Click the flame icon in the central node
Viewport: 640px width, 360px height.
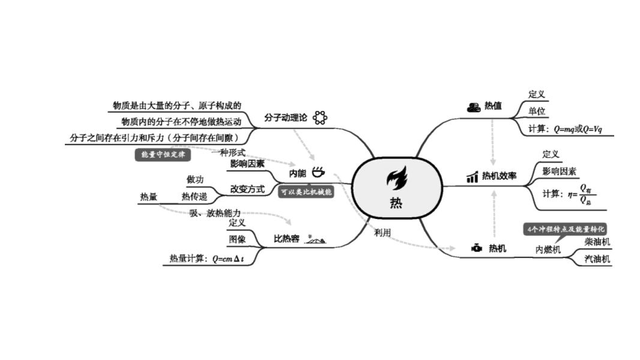coord(396,178)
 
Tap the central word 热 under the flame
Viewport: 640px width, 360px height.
coord(396,203)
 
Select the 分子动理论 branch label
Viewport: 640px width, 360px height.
coord(286,118)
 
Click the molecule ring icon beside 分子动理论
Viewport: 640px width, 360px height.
coord(319,118)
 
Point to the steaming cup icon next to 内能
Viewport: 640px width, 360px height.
coord(318,172)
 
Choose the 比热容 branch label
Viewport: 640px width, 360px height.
coord(286,239)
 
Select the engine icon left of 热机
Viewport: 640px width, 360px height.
coord(476,248)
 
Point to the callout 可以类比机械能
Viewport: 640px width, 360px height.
coord(306,193)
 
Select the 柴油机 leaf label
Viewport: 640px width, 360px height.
coord(597,242)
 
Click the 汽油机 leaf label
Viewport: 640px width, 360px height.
coord(597,259)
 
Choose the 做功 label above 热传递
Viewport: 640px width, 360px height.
coord(195,179)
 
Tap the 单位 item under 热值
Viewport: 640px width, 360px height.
coord(537,111)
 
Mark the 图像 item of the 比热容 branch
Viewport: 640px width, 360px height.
coord(237,239)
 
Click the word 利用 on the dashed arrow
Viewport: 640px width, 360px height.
coord(382,233)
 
